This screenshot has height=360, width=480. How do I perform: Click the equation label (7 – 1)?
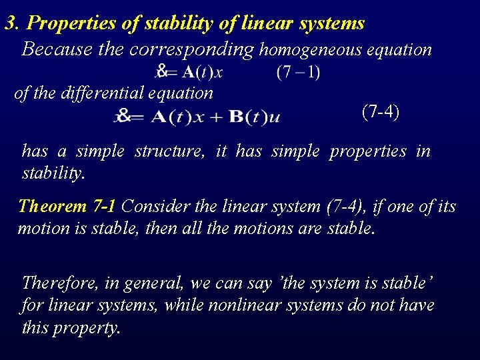(x=298, y=71)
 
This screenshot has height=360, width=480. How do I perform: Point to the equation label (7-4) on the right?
(x=381, y=111)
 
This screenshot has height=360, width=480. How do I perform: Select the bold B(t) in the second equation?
(x=247, y=117)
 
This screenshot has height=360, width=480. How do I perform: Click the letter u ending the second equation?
(x=274, y=119)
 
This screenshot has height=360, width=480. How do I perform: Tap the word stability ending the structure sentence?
(x=53, y=175)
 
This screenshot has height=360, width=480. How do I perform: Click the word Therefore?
(x=61, y=283)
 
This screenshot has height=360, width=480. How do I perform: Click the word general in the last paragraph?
(x=153, y=283)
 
